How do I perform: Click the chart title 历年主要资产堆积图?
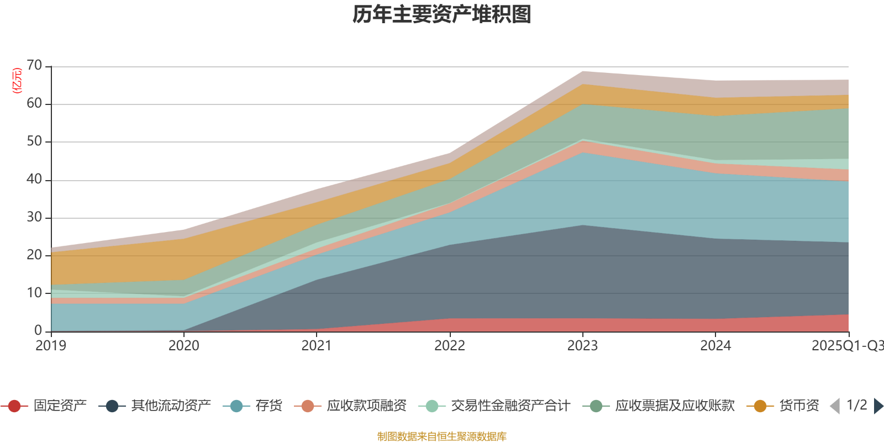click(442, 14)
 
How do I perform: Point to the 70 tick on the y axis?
click(34, 66)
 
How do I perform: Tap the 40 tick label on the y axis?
click(34, 180)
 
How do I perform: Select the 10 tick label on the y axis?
click(34, 293)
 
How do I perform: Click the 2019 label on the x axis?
click(51, 346)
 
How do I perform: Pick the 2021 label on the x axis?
click(317, 346)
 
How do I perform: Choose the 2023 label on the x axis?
click(582, 346)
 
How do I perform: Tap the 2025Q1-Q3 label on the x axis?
click(847, 346)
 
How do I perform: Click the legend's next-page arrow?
click(878, 406)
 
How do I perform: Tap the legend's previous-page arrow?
click(835, 406)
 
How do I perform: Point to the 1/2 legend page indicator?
click(857, 406)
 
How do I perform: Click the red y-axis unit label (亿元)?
click(17, 81)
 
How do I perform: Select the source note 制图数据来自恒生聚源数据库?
click(442, 436)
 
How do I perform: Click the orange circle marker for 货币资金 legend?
click(760, 406)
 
